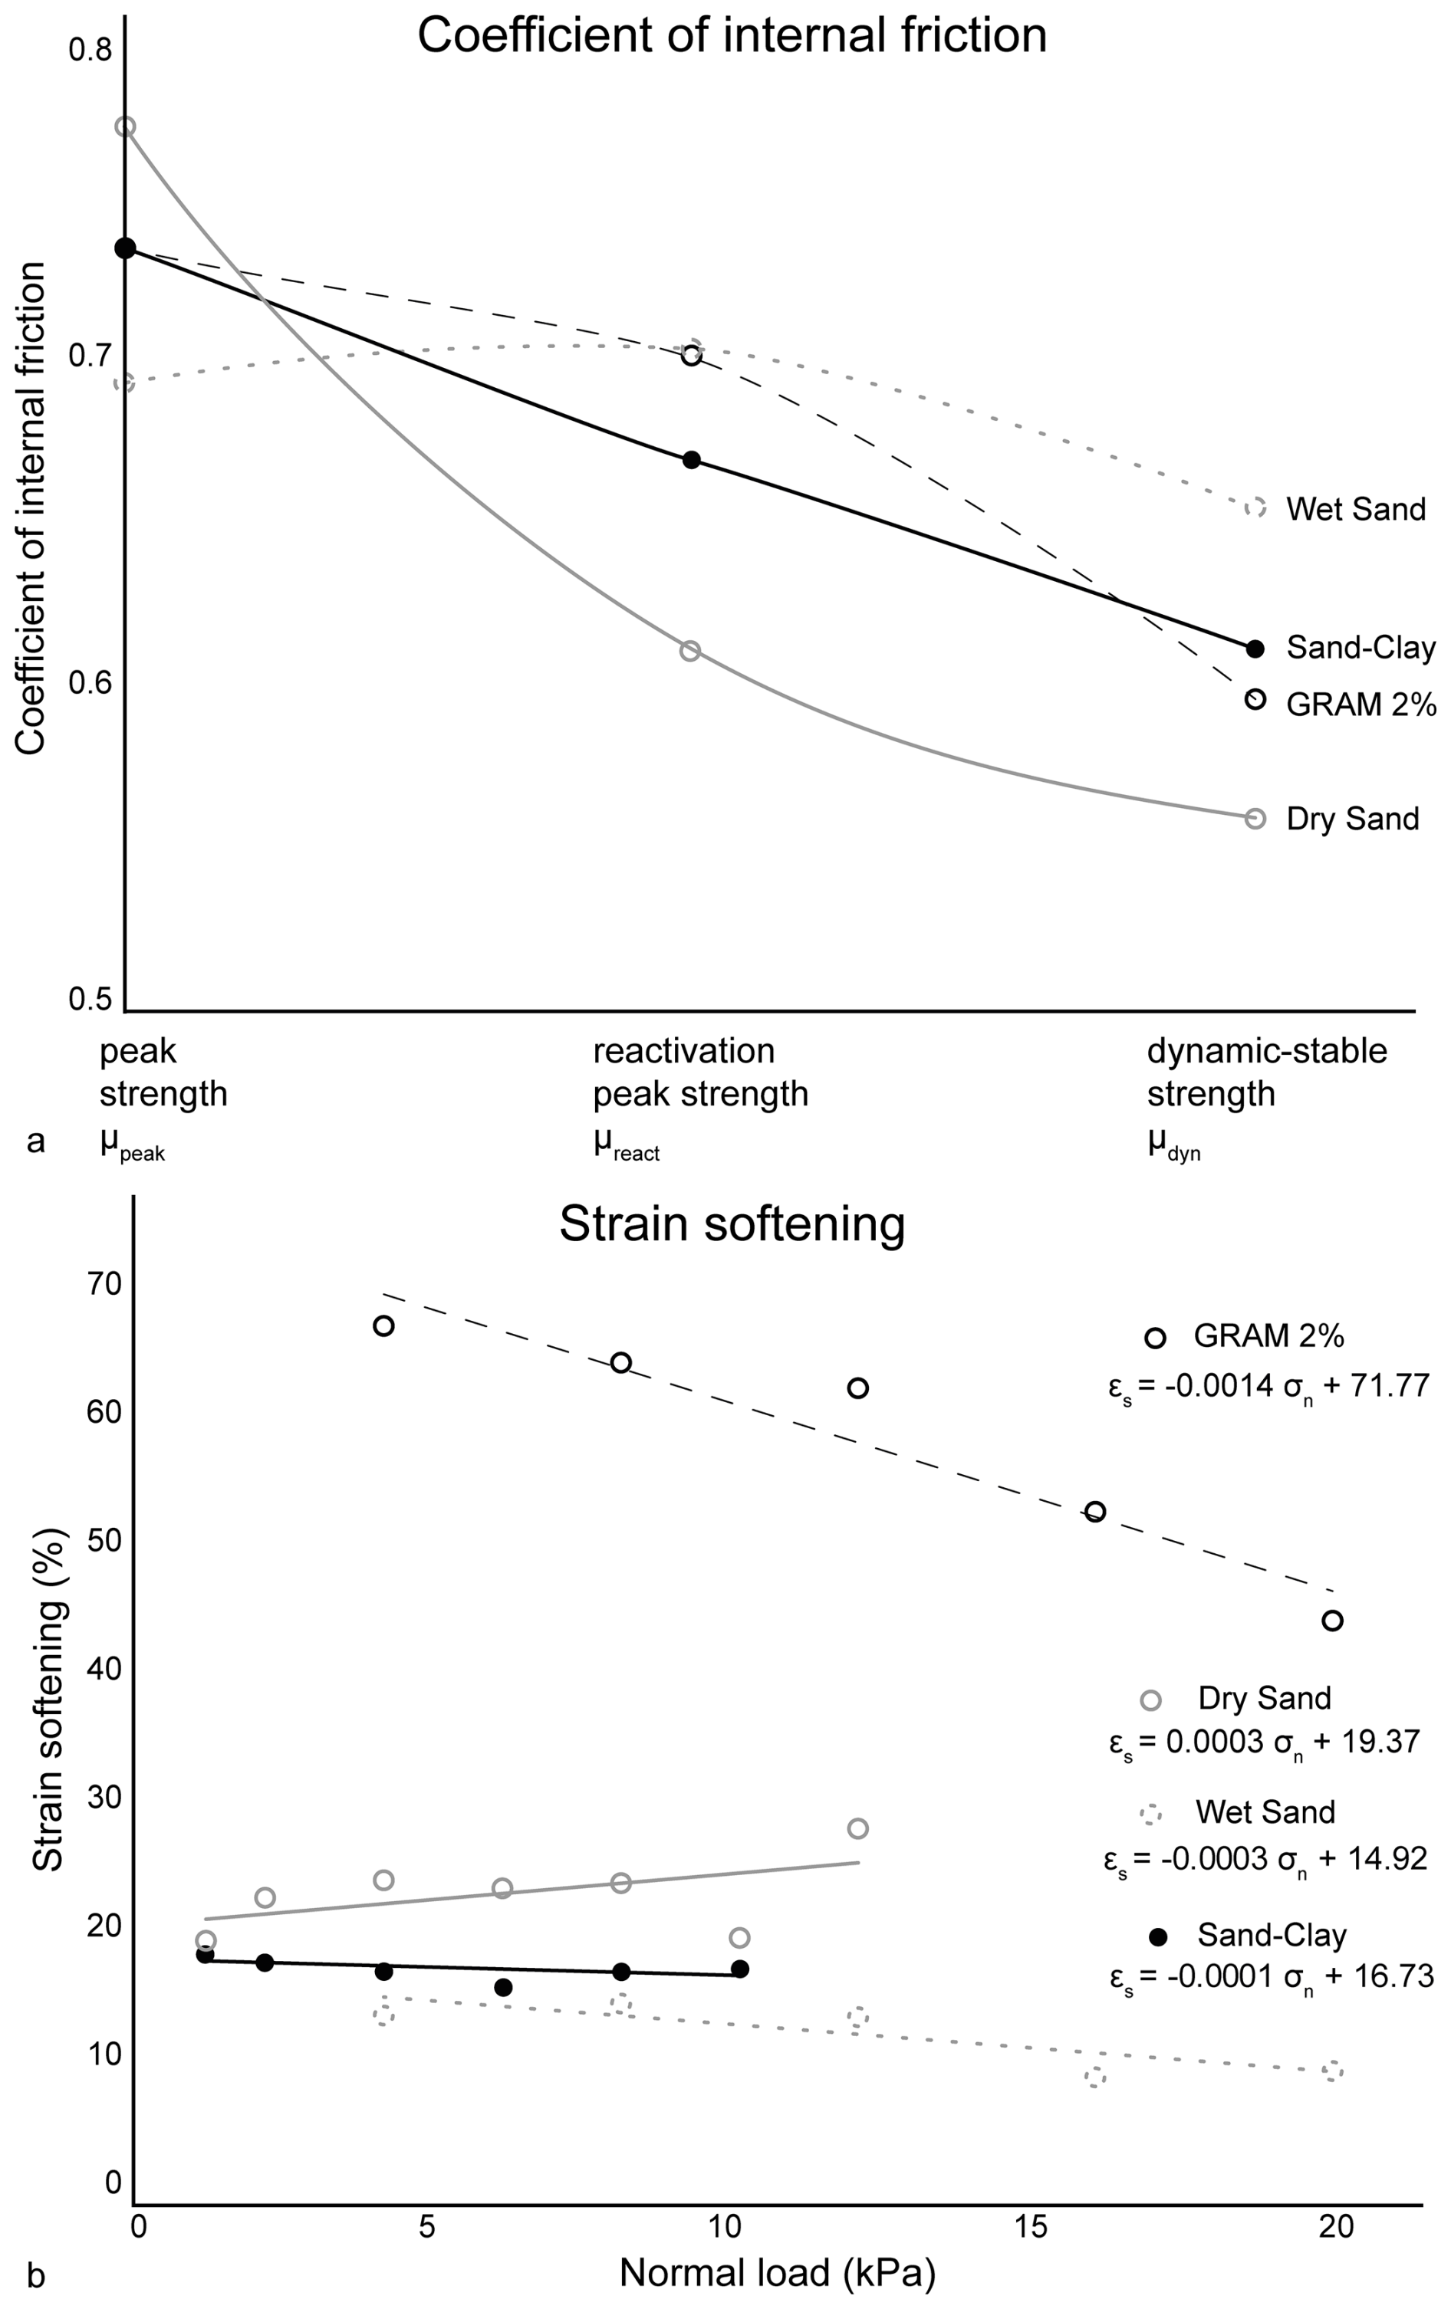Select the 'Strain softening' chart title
point(731,1224)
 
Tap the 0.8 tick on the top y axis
point(90,49)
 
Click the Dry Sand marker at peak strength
point(126,126)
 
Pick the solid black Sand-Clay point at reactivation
point(690,460)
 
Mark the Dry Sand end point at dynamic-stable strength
point(1255,819)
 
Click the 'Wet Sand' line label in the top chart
point(1355,509)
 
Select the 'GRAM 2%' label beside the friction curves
point(1361,705)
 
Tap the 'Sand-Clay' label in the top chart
point(1361,649)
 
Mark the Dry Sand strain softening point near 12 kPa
point(857,1828)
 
